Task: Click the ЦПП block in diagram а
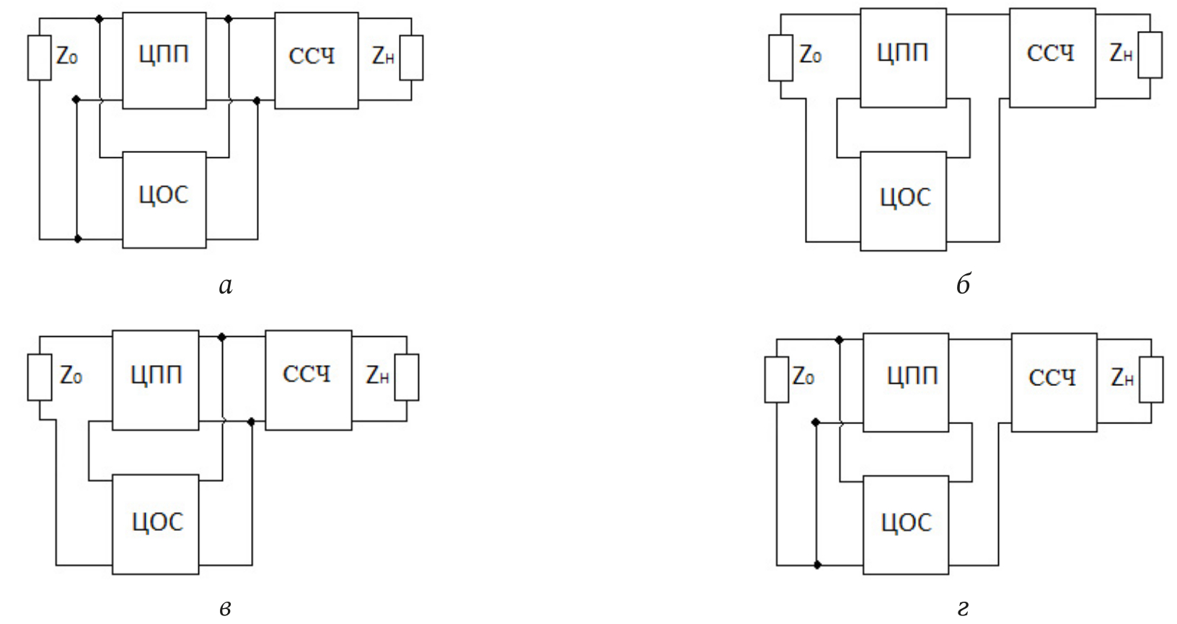pyautogui.click(x=164, y=60)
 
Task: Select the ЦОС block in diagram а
pyautogui.click(x=164, y=200)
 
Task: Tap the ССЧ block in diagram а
pyautogui.click(x=316, y=60)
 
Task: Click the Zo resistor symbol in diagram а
pyautogui.click(x=39, y=57)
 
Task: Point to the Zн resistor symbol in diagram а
pyautogui.click(x=411, y=57)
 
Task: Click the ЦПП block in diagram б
pyautogui.click(x=903, y=58)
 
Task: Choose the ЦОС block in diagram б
pyautogui.click(x=903, y=201)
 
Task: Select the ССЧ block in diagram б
pyautogui.click(x=1052, y=58)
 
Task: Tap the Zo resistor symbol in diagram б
pyautogui.click(x=780, y=57)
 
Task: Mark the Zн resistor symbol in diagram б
pyautogui.click(x=1150, y=55)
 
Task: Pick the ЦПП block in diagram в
pyautogui.click(x=155, y=380)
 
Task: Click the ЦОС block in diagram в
pyautogui.click(x=155, y=524)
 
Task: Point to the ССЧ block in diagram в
pyautogui.click(x=309, y=380)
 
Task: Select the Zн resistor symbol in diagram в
pyautogui.click(x=407, y=377)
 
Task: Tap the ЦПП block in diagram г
pyautogui.click(x=907, y=382)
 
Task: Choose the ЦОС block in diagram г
pyautogui.click(x=907, y=524)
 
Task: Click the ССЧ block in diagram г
pyautogui.click(x=1054, y=382)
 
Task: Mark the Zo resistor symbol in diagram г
pyautogui.click(x=776, y=379)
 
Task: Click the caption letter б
pyautogui.click(x=964, y=285)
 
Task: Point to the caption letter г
pyautogui.click(x=962, y=609)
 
